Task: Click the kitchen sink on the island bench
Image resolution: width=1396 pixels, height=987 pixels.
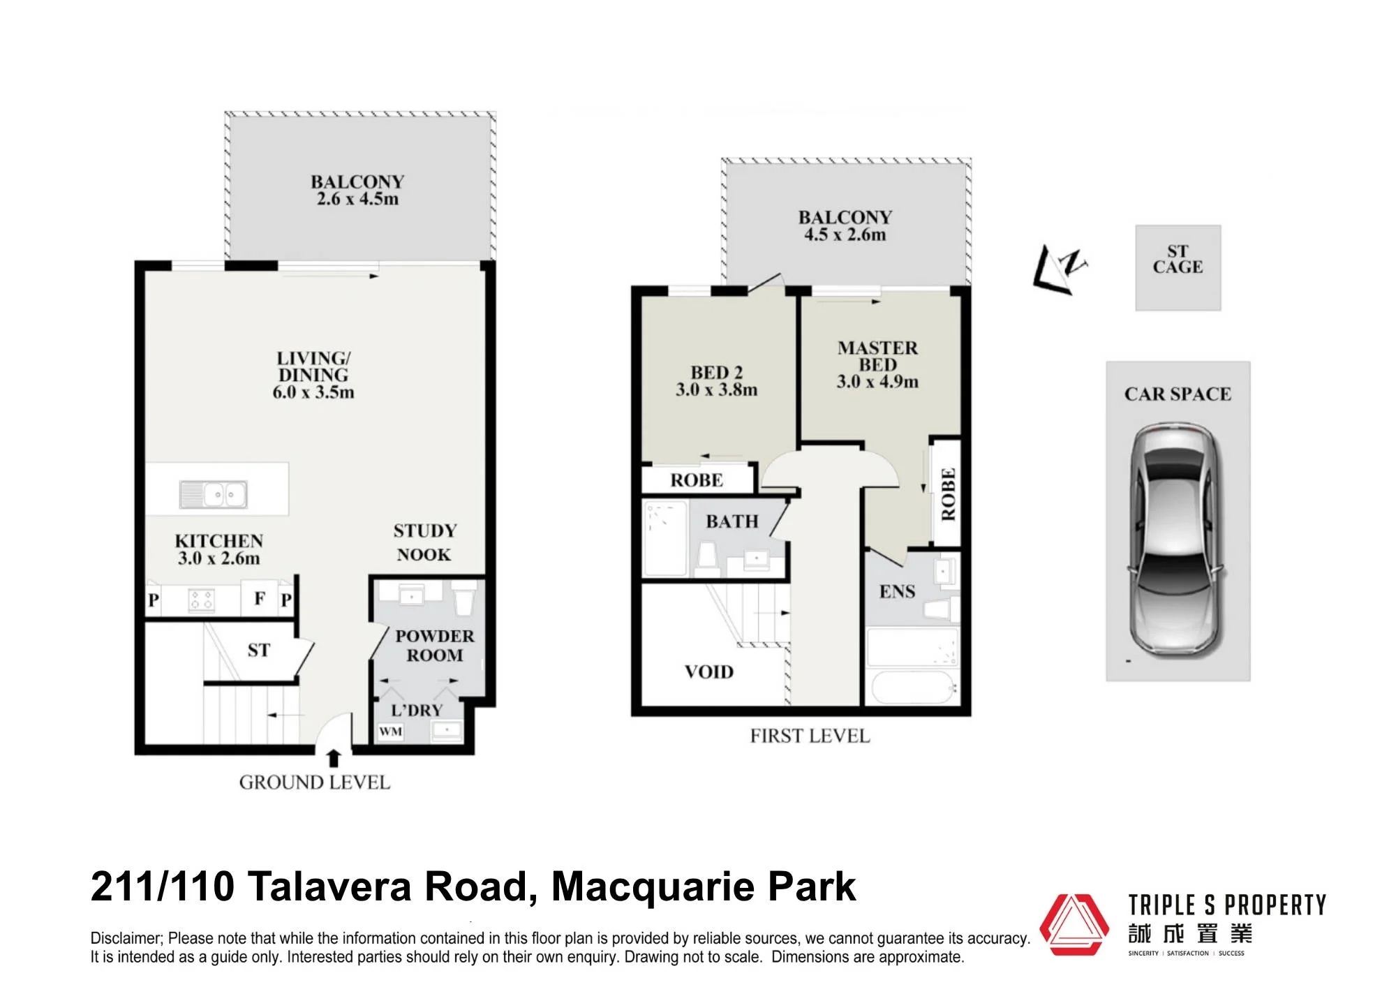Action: click(213, 494)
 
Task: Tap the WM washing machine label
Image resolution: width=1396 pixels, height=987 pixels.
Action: click(391, 732)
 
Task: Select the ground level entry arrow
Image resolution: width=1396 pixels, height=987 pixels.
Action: click(334, 758)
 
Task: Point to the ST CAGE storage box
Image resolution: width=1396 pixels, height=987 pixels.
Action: click(1178, 267)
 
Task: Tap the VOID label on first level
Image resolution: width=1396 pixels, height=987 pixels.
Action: click(709, 671)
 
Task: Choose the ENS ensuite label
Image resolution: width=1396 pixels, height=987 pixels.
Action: click(898, 592)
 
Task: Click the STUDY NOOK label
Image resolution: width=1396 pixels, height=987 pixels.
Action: click(424, 542)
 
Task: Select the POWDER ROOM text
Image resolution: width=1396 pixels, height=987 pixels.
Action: click(434, 646)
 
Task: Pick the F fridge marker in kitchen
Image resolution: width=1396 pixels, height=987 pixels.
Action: click(260, 598)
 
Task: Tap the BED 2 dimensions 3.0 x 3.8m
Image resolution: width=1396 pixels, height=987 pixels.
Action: click(716, 390)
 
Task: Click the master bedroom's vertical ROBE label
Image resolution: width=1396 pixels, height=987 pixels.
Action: click(948, 494)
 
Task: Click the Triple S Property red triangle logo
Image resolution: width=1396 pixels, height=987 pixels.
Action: click(1074, 924)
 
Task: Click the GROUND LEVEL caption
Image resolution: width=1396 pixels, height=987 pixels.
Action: click(314, 782)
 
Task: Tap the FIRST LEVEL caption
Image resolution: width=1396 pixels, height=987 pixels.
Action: click(810, 736)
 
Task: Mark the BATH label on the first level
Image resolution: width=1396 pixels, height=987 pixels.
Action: click(732, 521)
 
